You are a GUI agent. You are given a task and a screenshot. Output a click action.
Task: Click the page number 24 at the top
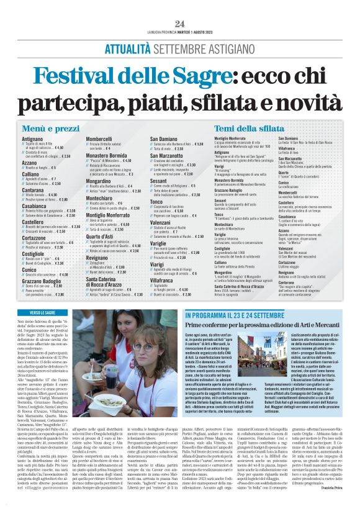pos(180,24)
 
